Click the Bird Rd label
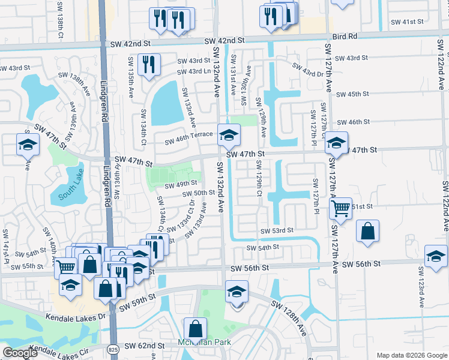click(x=345, y=36)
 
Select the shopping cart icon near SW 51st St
click(x=341, y=208)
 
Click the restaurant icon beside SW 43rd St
click(x=148, y=64)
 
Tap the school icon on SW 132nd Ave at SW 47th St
click(x=228, y=136)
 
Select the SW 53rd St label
click(x=277, y=230)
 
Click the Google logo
click(x=20, y=353)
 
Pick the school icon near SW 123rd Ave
click(x=435, y=256)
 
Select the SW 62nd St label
click(x=146, y=346)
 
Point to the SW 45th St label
click(x=352, y=94)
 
